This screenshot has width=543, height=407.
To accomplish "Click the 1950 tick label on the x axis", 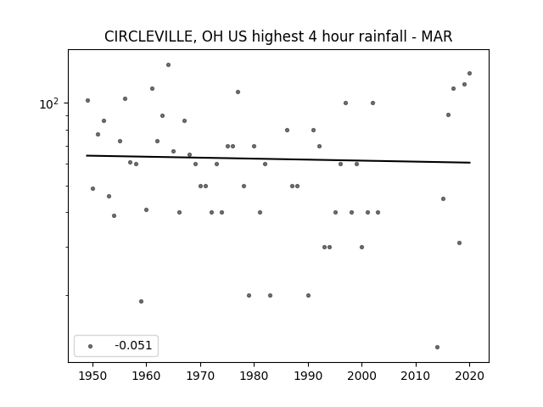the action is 92,376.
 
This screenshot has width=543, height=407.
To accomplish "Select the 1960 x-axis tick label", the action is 146,376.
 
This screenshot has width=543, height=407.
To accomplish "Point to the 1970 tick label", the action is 200,376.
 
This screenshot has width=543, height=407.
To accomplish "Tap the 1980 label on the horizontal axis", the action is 254,376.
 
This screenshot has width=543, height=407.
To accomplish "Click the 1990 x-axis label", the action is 308,376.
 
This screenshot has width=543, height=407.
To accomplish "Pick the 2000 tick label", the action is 361,376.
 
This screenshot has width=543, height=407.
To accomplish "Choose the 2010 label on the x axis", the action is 416,376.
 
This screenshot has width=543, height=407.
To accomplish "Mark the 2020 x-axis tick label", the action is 469,376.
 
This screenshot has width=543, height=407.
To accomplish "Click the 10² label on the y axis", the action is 49,103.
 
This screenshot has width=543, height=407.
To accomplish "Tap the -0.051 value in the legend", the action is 133,345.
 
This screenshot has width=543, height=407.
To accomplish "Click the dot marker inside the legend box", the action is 91,346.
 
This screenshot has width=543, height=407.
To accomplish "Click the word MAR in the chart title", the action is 437,36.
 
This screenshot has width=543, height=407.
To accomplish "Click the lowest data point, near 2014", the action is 437,347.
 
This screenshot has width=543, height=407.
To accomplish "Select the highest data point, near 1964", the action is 168,64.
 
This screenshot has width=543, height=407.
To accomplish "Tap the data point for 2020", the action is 469,74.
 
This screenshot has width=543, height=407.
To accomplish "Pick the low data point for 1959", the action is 141,302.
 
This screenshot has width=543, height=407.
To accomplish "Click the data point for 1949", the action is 87,100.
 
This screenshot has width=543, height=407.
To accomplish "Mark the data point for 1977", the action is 238,92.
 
